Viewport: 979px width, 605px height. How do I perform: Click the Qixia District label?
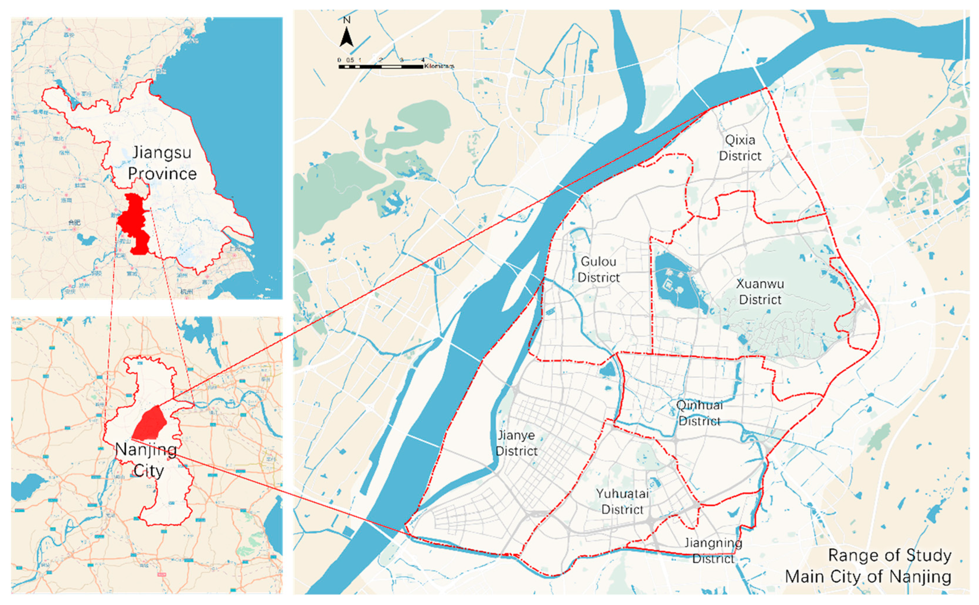click(740, 148)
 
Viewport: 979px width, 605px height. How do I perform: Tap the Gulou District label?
click(598, 269)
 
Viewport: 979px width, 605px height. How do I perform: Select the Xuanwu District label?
click(760, 292)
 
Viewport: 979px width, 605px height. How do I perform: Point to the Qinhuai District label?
click(699, 413)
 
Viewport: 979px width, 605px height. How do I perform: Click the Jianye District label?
click(516, 443)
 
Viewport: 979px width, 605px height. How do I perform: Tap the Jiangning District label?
click(713, 551)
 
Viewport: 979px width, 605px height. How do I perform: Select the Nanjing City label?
click(147, 460)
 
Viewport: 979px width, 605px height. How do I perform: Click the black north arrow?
click(347, 37)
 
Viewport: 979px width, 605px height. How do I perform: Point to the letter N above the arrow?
click(347, 20)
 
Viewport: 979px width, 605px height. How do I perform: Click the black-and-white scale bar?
click(380, 67)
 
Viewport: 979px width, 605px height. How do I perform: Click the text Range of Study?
click(889, 556)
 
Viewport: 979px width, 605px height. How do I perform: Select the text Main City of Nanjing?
click(868, 577)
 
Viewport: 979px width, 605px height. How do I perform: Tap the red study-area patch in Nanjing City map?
click(150, 423)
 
